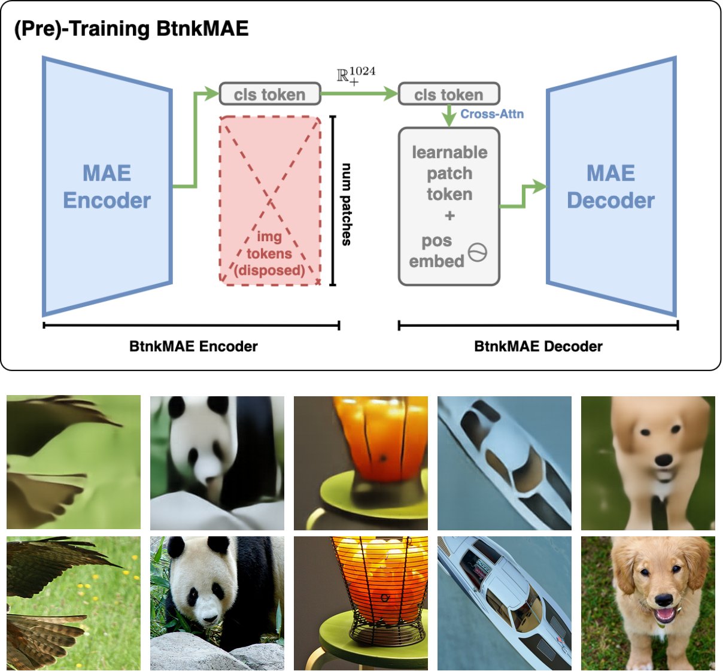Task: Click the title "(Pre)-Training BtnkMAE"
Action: tap(131, 29)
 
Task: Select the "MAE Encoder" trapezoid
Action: tap(107, 187)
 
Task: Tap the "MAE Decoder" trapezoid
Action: tap(611, 187)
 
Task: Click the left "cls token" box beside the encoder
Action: tap(269, 94)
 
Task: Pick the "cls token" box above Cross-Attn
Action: tap(449, 94)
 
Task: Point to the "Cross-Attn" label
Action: tap(492, 114)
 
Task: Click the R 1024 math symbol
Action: tap(356, 76)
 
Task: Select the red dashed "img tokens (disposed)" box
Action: tap(270, 201)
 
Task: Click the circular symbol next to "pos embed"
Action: tap(478, 252)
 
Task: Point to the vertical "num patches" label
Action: tap(347, 204)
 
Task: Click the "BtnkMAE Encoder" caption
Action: tap(193, 346)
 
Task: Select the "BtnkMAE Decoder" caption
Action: tap(538, 346)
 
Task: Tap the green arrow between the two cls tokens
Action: tap(359, 93)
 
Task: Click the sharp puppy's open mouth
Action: tap(665, 615)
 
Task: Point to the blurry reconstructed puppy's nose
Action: tap(663, 460)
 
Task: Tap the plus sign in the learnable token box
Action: tap(449, 215)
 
